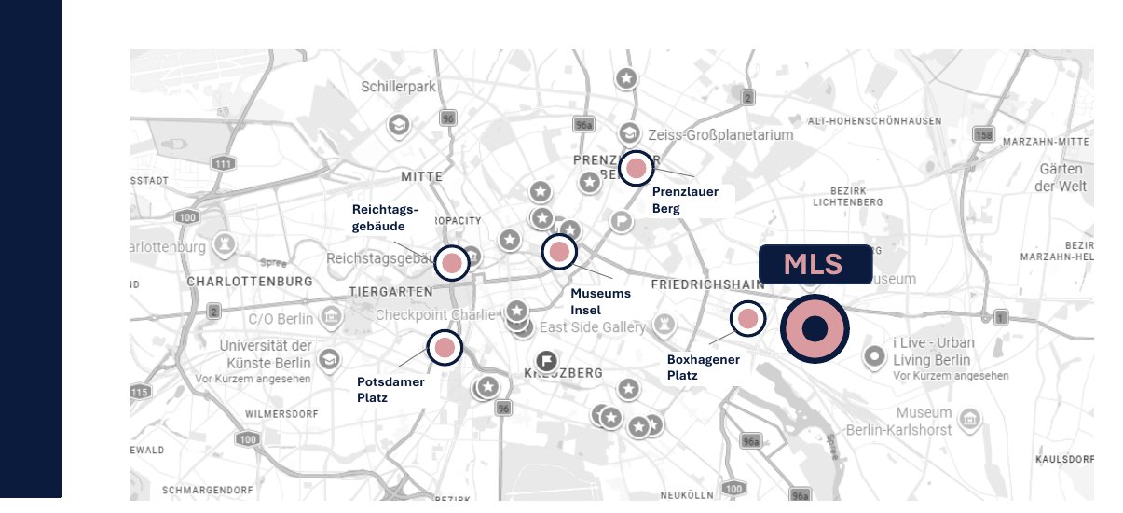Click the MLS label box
pyautogui.click(x=815, y=264)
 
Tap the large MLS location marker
pyautogui.click(x=815, y=329)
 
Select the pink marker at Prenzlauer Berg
pyautogui.click(x=637, y=168)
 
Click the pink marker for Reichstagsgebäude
pyautogui.click(x=452, y=263)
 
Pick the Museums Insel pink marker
pyautogui.click(x=559, y=251)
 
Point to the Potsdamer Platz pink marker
pyautogui.click(x=445, y=348)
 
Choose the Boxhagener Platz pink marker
pyautogui.click(x=747, y=319)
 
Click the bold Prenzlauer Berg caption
pyautogui.click(x=685, y=200)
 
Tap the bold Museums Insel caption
pyautogui.click(x=600, y=301)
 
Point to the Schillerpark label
pyautogui.click(x=398, y=87)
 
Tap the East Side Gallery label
pyautogui.click(x=592, y=327)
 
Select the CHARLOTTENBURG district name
pyautogui.click(x=249, y=281)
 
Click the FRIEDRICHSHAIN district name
pyautogui.click(x=707, y=284)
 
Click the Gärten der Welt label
pyautogui.click(x=1061, y=177)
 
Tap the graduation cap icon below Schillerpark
pyautogui.click(x=399, y=125)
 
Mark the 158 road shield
pyautogui.click(x=982, y=134)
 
